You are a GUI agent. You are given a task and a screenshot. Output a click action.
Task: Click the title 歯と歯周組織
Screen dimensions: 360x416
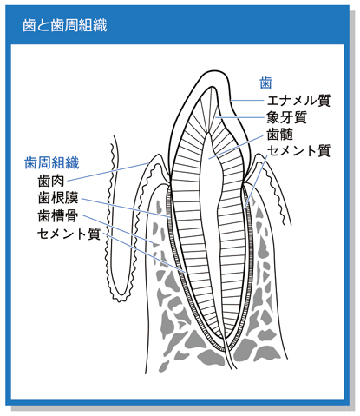pyautogui.click(x=65, y=25)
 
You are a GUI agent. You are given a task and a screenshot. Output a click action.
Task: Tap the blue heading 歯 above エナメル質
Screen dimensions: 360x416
pyautogui.click(x=265, y=83)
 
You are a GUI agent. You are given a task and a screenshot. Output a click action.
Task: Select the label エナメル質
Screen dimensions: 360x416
pyautogui.click(x=298, y=101)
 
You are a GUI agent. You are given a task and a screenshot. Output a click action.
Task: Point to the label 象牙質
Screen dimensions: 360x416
pyautogui.click(x=286, y=117)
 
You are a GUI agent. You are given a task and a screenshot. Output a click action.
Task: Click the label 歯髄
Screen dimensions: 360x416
pyautogui.click(x=280, y=134)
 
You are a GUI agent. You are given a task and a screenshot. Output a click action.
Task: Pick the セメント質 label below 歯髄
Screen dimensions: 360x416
pyautogui.click(x=298, y=151)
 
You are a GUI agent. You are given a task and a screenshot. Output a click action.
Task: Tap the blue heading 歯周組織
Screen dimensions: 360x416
pyautogui.click(x=52, y=163)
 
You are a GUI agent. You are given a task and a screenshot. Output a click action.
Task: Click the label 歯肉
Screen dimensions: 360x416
pyautogui.click(x=51, y=182)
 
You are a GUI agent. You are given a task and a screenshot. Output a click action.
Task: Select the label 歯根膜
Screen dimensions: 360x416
pyautogui.click(x=58, y=198)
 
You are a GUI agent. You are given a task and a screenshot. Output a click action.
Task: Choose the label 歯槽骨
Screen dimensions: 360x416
pyautogui.click(x=58, y=216)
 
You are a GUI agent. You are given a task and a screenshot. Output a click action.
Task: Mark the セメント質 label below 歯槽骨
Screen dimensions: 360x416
pyautogui.click(x=69, y=234)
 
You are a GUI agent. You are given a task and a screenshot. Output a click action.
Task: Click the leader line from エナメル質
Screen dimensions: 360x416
pyautogui.click(x=247, y=101)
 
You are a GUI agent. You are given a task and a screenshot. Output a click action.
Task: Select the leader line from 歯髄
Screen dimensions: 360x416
pyautogui.click(x=236, y=147)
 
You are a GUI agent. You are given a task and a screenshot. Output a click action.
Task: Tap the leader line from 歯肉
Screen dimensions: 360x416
pyautogui.click(x=108, y=172)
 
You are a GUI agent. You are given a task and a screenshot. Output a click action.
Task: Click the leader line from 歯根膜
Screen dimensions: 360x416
pyautogui.click(x=126, y=208)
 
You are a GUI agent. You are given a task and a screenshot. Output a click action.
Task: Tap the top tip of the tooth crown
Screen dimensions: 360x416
pyautogui.click(x=214, y=70)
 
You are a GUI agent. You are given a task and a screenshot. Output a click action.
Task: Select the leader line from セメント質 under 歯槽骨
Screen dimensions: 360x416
pyautogui.click(x=144, y=253)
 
